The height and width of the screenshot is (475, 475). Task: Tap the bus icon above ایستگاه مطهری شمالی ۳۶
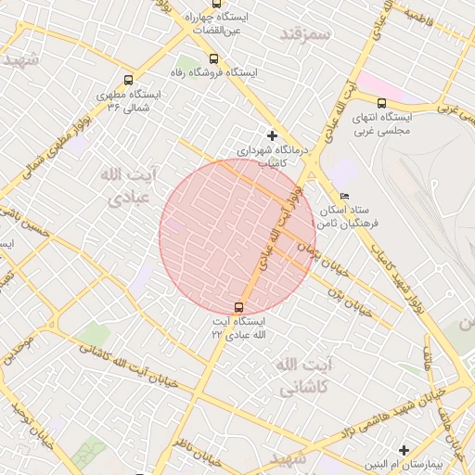[x=127, y=81]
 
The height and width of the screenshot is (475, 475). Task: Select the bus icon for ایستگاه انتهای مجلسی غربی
[x=381, y=103]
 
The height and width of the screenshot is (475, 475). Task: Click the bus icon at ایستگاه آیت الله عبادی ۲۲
[x=239, y=307]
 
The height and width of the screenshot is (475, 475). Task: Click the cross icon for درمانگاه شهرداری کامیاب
[x=271, y=135]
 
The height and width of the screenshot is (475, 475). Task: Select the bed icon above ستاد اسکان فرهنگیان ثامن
[x=345, y=197]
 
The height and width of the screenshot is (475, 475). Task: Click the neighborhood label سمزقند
[x=304, y=33]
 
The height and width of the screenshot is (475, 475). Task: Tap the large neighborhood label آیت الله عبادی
[x=128, y=186]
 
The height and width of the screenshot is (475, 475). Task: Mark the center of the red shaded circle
[x=238, y=236]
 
